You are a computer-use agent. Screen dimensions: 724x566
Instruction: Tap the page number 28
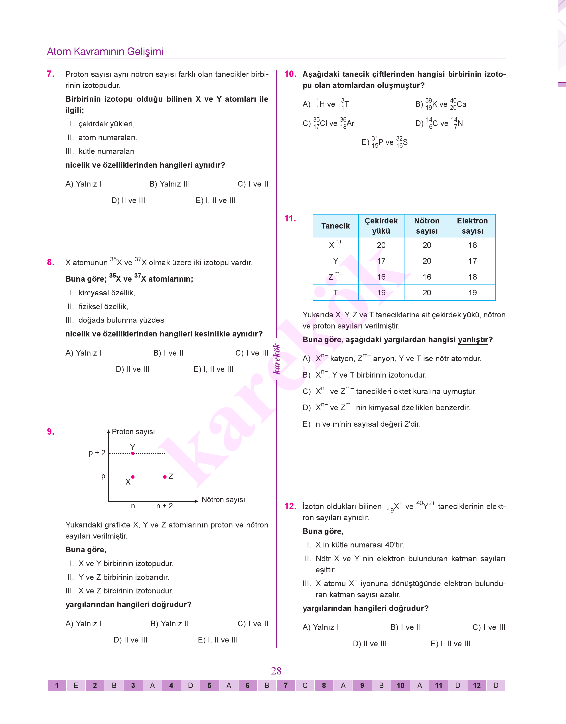[x=276, y=671]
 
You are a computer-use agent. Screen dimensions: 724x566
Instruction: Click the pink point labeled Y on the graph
[x=133, y=453]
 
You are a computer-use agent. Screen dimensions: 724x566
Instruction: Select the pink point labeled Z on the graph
[x=165, y=477]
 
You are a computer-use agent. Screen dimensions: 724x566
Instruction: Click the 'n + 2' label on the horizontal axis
[x=164, y=506]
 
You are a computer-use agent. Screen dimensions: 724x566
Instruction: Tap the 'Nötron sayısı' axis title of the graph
[x=223, y=499]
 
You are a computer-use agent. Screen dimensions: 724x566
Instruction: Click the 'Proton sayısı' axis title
[x=133, y=432]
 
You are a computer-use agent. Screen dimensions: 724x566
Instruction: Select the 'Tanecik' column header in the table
[x=335, y=226]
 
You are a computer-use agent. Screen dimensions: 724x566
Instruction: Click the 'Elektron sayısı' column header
[x=472, y=226]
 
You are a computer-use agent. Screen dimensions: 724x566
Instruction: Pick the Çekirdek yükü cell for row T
[x=381, y=292]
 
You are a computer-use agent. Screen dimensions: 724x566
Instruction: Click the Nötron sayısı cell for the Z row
[x=427, y=277]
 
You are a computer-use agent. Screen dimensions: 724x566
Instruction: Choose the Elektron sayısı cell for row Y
[x=472, y=261]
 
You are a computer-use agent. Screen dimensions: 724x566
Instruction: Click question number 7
[x=51, y=74]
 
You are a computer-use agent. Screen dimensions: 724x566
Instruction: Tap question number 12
[x=290, y=506]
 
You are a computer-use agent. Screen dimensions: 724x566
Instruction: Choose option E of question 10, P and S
[x=385, y=142]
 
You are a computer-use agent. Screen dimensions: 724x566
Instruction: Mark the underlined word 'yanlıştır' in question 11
[x=473, y=340]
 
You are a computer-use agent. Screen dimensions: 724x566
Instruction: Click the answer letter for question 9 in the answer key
[x=381, y=685]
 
